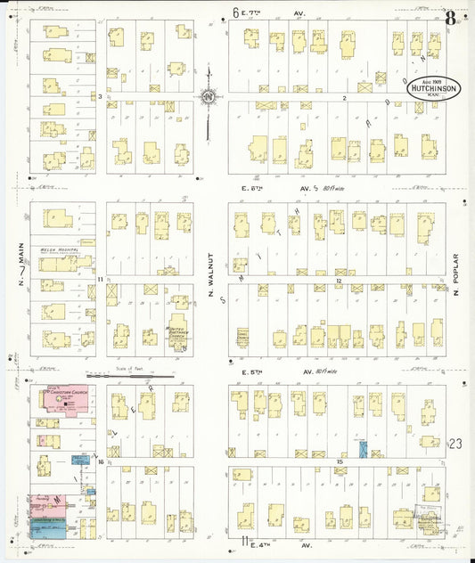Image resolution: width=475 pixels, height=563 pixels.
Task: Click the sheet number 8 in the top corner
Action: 453,15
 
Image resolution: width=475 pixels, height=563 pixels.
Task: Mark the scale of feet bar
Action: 130,376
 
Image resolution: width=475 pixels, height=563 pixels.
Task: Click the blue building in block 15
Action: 363,447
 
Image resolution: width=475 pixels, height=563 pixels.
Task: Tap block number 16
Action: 102,462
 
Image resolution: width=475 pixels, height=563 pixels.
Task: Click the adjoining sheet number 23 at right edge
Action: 457,443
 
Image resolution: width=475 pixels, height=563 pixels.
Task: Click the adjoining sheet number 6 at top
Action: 237,12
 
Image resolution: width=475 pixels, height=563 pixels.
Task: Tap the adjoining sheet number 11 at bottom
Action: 242,541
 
